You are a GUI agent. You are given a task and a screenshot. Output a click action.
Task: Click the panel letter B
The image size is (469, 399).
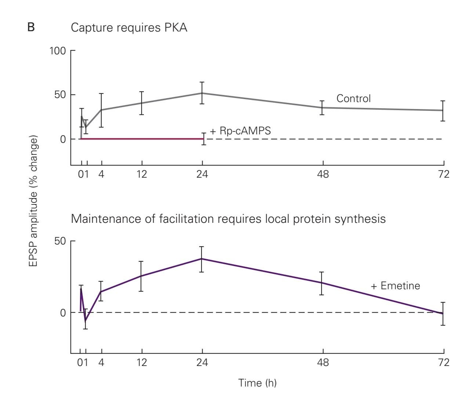click(31, 28)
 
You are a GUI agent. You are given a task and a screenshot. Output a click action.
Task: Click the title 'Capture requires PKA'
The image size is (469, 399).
click(129, 28)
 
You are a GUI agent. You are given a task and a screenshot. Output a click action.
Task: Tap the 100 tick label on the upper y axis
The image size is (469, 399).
click(58, 51)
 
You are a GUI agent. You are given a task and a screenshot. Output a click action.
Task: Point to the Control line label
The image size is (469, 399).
click(353, 98)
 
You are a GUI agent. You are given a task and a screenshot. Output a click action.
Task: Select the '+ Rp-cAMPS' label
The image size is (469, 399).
click(240, 131)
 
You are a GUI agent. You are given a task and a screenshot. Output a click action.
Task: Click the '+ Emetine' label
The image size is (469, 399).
click(395, 286)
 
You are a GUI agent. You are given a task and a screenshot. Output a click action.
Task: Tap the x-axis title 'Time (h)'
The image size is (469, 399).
click(257, 383)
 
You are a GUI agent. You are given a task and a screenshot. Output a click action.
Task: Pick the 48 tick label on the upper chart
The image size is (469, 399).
click(323, 174)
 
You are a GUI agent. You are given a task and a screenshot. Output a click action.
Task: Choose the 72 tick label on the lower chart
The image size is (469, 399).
click(444, 363)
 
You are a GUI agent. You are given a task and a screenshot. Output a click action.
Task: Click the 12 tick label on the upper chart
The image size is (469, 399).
click(142, 174)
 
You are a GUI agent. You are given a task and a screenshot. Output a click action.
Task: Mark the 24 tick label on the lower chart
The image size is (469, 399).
click(202, 363)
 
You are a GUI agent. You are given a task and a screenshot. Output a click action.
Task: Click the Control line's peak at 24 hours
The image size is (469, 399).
click(202, 93)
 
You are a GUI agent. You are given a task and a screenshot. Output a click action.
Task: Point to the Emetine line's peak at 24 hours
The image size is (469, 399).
click(201, 259)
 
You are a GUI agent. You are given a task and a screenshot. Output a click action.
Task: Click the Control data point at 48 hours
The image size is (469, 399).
click(322, 108)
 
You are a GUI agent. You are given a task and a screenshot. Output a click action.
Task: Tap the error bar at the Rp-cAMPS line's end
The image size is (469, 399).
click(204, 139)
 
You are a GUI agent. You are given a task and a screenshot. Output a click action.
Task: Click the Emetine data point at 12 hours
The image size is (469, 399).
click(141, 276)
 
